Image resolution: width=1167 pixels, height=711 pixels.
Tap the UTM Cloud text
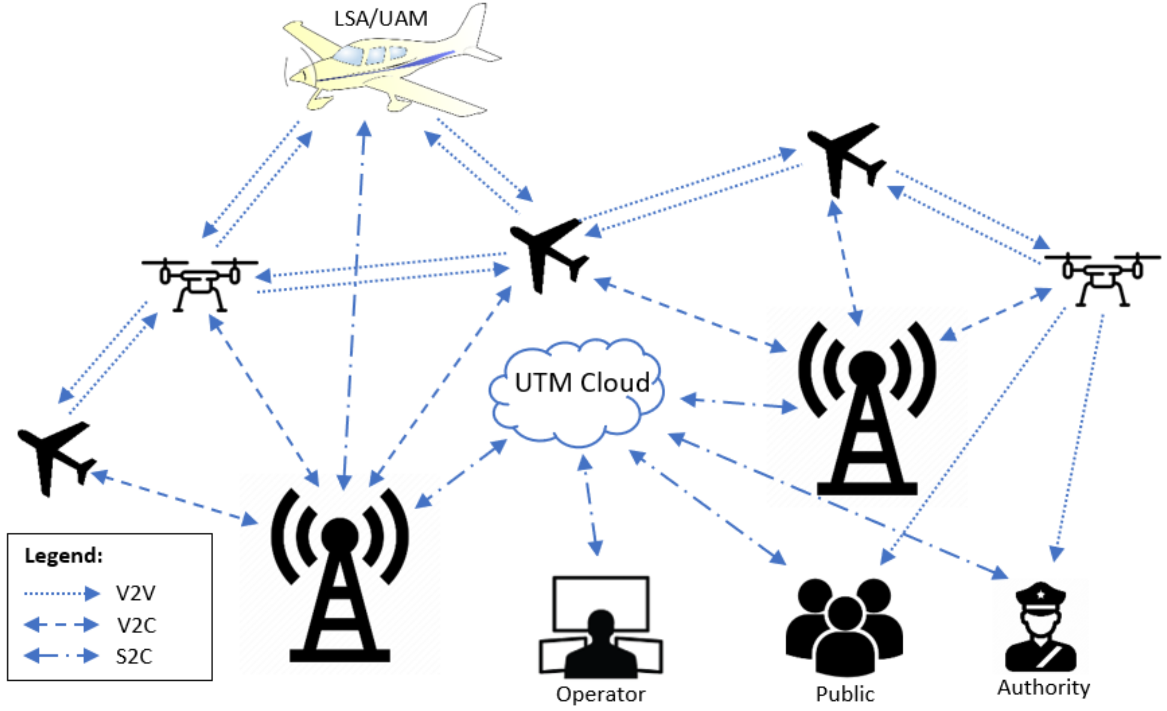pyautogui.click(x=582, y=383)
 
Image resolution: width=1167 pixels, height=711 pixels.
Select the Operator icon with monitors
pyautogui.click(x=600, y=627)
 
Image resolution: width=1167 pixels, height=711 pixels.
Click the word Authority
pyautogui.click(x=1043, y=687)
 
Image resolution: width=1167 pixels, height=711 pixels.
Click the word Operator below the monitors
pyautogui.click(x=600, y=694)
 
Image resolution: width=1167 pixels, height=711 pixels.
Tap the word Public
pyautogui.click(x=844, y=694)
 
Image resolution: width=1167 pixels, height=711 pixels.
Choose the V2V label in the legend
pyautogui.click(x=136, y=593)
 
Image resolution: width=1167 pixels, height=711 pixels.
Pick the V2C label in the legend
pyautogui.click(x=136, y=626)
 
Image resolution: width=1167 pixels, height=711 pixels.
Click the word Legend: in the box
pyautogui.click(x=63, y=556)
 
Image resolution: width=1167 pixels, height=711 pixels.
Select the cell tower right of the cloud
pyautogui.click(x=867, y=408)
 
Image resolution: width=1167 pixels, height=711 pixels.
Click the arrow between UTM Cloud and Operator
pyautogui.click(x=590, y=505)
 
